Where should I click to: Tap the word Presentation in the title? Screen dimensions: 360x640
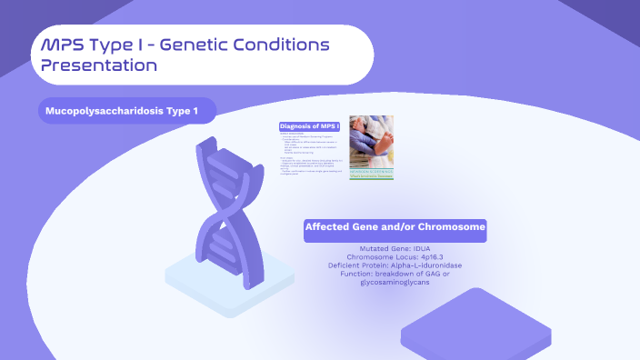coord(99,65)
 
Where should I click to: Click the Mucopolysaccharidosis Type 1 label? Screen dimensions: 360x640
coord(128,111)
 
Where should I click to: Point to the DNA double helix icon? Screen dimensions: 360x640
coord(220,205)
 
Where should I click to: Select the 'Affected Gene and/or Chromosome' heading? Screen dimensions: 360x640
coord(395,227)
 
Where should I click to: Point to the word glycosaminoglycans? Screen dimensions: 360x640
coord(395,283)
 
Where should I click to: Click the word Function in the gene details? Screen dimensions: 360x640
coord(357,274)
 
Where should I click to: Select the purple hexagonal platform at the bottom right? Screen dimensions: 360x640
coord(476,323)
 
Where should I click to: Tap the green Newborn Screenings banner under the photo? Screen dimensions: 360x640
coord(371,173)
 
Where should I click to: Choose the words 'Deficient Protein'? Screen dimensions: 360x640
coord(357,265)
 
